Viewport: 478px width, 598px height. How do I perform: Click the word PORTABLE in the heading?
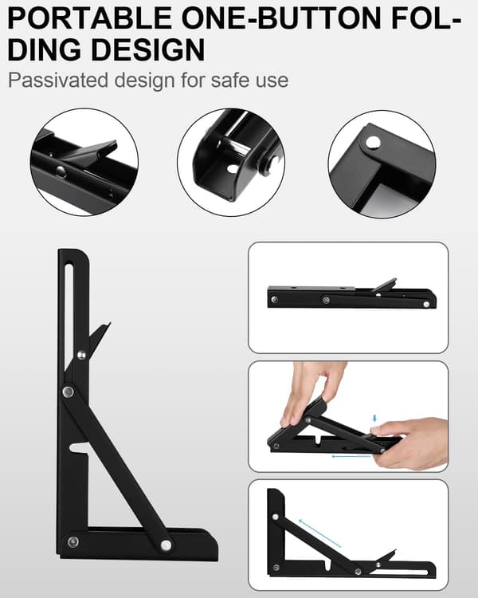(89, 18)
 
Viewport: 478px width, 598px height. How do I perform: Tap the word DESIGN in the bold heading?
(148, 49)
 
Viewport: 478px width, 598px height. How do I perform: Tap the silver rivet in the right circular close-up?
(373, 143)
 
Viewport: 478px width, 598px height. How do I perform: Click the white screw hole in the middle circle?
(232, 168)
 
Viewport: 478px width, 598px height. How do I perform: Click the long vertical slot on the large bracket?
(69, 313)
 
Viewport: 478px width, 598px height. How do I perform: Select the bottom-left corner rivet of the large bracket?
(72, 541)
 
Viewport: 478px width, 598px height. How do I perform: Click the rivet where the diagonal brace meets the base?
(166, 545)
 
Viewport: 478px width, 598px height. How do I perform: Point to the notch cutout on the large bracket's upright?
(80, 448)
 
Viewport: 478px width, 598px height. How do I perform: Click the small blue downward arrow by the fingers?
(374, 418)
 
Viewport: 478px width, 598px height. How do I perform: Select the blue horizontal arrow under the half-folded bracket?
(351, 456)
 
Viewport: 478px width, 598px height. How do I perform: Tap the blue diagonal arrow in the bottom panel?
(319, 533)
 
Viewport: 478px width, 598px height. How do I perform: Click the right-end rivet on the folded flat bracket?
(426, 304)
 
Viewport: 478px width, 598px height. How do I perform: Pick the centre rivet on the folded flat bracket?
(326, 301)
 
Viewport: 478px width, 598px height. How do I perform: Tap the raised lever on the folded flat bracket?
(384, 285)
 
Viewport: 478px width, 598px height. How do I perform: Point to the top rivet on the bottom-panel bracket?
(275, 517)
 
